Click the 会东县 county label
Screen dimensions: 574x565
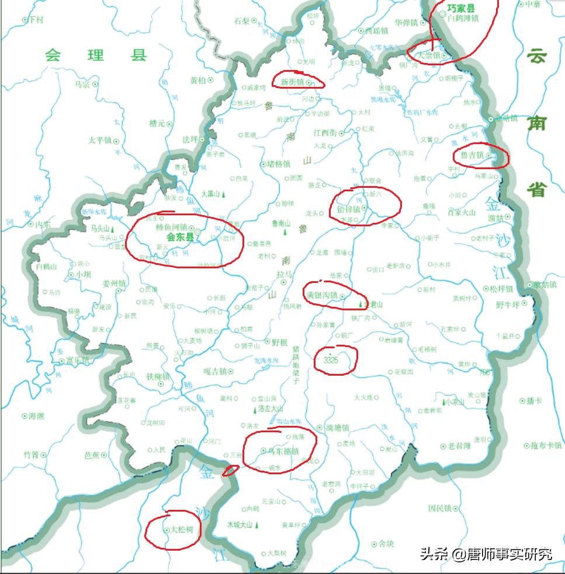pyautogui.click(x=180, y=237)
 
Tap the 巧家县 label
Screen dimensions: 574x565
pyautogui.click(x=461, y=9)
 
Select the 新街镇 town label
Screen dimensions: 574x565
pyautogui.click(x=292, y=82)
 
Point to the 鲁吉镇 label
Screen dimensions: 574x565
pyautogui.click(x=472, y=156)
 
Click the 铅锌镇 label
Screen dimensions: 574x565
pyautogui.click(x=348, y=209)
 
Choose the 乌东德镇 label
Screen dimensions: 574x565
pyautogui.click(x=283, y=451)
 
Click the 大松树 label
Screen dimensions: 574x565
pyautogui.click(x=182, y=530)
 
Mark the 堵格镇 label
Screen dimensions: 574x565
pyautogui.click(x=278, y=164)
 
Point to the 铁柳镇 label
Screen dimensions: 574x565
pyautogui.click(x=158, y=377)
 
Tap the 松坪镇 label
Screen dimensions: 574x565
pyautogui.click(x=501, y=289)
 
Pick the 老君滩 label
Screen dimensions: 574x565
pyautogui.click(x=459, y=446)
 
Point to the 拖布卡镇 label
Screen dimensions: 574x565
pyautogui.click(x=546, y=446)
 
